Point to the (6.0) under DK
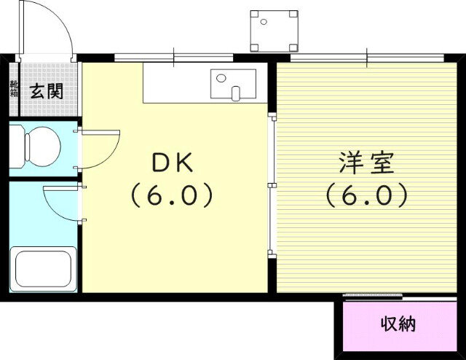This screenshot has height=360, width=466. coord(172,195)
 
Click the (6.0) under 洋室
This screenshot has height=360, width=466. coord(366,195)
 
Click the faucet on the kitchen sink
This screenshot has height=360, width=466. coord(235,93)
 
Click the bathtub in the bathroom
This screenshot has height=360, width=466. coord(44,269)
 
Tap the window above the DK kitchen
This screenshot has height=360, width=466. coord(173,57)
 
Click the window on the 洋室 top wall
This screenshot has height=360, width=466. coord(366,57)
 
